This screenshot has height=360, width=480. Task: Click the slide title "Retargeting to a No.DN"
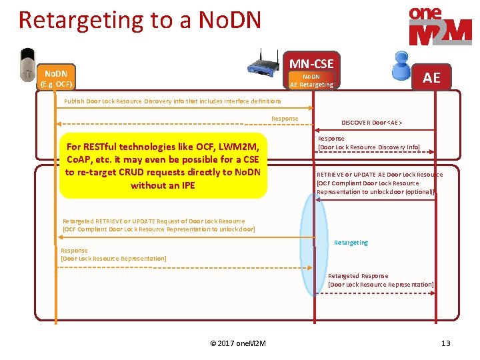140,20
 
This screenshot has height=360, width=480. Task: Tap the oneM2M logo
439,25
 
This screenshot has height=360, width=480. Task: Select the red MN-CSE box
311,63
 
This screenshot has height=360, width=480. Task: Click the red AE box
431,77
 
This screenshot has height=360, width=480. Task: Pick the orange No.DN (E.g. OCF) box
56,77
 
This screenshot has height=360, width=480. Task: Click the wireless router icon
264,61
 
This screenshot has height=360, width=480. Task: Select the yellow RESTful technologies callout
163,165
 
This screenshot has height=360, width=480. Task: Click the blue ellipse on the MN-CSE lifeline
313,244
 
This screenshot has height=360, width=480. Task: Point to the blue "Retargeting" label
351,243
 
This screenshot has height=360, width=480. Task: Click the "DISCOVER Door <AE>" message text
371,123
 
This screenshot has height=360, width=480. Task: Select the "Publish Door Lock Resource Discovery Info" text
172,101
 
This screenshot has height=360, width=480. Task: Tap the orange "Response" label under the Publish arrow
285,119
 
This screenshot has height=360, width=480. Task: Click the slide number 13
446,343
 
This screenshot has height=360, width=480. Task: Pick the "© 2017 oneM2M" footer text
238,343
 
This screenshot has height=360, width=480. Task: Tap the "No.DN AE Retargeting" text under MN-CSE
311,81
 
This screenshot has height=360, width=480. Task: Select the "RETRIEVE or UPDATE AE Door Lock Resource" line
379,175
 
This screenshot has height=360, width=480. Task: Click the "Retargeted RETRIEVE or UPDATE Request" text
153,221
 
